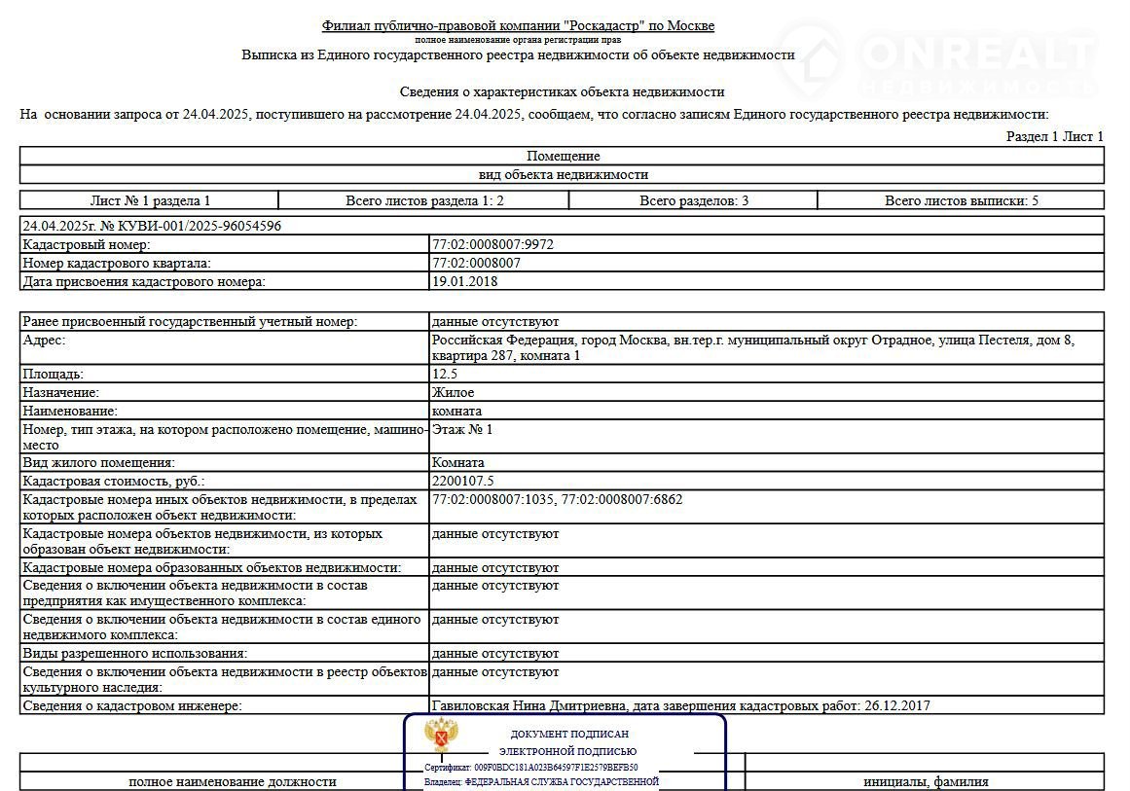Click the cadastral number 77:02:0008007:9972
tap(492, 244)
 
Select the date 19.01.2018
tap(465, 281)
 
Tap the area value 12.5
tap(445, 374)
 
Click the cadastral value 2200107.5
tap(462, 481)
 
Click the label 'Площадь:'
tap(54, 374)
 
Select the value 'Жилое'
tap(453, 392)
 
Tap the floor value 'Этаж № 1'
tap(462, 428)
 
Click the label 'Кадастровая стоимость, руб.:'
tap(115, 481)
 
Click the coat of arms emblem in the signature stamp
tap(443, 737)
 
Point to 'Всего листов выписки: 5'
tap(961, 200)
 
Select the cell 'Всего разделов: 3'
tap(693, 200)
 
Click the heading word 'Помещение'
tap(564, 156)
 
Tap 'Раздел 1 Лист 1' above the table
tap(1054, 136)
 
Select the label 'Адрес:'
tap(44, 341)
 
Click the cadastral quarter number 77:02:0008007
tap(476, 263)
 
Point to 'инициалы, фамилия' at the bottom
tap(926, 781)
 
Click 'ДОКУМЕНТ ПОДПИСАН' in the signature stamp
tap(569, 734)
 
